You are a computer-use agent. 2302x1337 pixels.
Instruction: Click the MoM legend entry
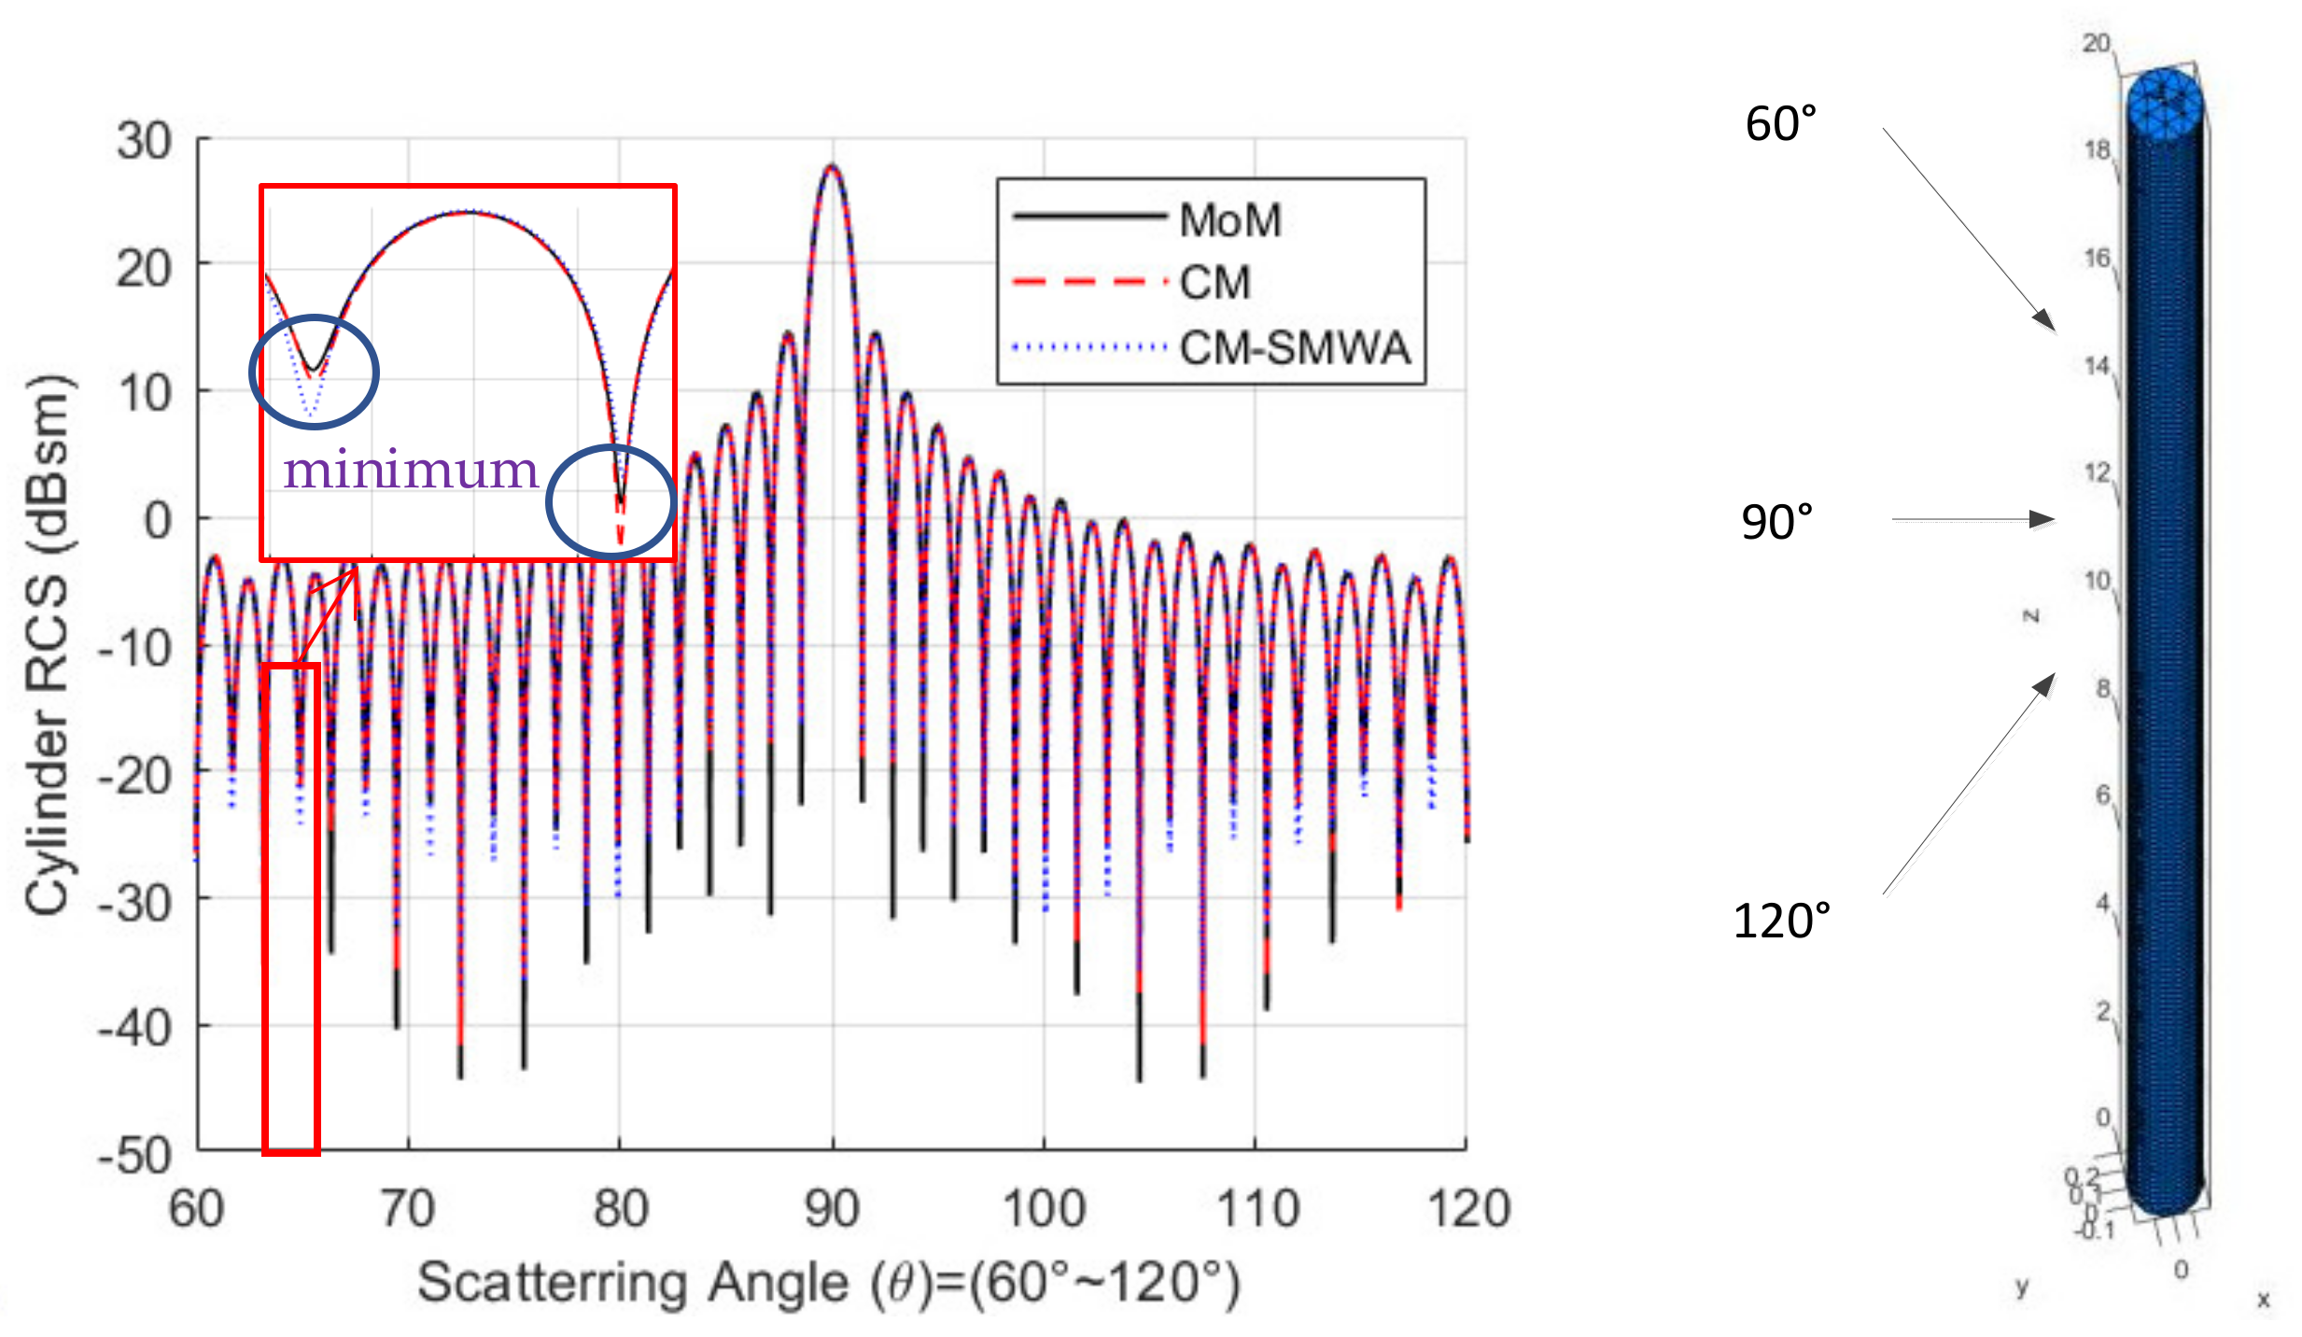pos(1228,220)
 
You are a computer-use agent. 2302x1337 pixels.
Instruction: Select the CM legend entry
pos(1214,282)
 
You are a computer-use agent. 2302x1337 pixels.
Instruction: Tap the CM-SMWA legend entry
pos(1292,347)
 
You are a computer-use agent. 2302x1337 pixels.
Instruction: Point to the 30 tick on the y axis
pos(144,142)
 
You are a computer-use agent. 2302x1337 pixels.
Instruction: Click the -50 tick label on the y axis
pos(136,1155)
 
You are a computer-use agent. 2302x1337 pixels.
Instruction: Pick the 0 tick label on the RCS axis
pos(157,520)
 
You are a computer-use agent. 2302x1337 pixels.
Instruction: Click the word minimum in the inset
pos(411,470)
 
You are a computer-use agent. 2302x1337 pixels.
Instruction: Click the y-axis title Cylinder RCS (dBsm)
pos(47,644)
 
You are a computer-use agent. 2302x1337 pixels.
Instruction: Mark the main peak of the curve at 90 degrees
pos(832,168)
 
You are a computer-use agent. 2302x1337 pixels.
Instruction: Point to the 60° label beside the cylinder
pos(1780,124)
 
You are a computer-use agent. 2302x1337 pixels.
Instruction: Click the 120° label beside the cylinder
pos(1780,922)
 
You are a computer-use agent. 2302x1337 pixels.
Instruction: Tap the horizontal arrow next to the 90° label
pos(1970,519)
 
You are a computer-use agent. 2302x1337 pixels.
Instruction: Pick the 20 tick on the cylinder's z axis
pos(2095,43)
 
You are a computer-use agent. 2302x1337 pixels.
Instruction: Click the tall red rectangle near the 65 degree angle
pos(291,910)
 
